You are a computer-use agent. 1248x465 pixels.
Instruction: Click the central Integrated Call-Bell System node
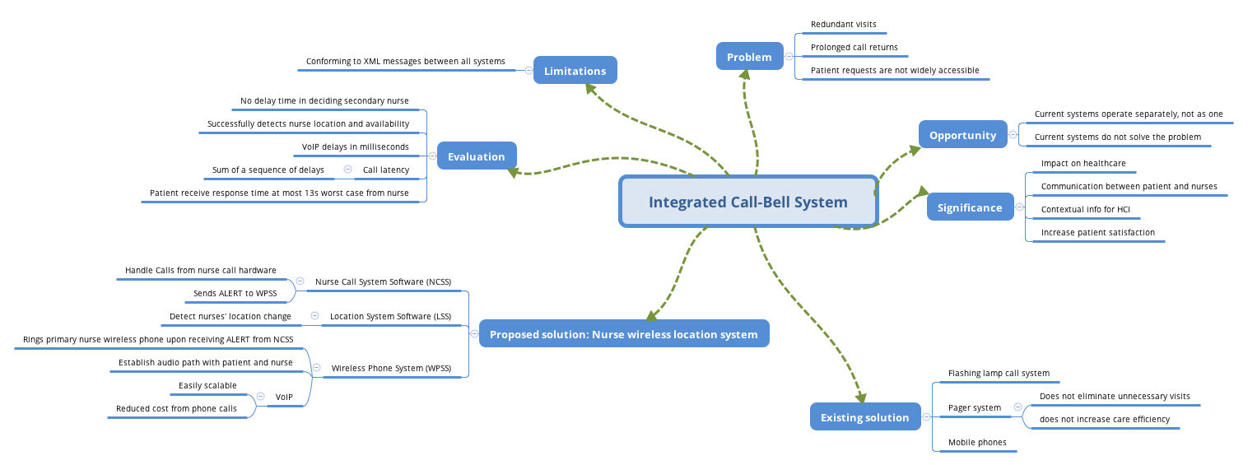[747, 202]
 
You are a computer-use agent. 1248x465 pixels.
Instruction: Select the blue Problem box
[749, 57]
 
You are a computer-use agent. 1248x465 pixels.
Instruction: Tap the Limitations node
[575, 71]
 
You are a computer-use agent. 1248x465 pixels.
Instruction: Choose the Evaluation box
[476, 156]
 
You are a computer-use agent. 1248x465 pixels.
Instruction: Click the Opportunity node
[962, 135]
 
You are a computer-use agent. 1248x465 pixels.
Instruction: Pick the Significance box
[970, 207]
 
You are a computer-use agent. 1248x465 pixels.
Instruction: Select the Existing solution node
[864, 417]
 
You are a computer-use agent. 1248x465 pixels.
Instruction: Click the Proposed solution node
[623, 334]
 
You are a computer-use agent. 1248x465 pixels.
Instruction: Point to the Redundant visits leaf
[843, 25]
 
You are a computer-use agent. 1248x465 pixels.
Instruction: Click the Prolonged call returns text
[854, 48]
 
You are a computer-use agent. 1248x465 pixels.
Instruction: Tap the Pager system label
[975, 407]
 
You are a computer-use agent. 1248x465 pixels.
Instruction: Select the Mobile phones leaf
[977, 443]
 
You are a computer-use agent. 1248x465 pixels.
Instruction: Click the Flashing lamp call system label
[999, 373]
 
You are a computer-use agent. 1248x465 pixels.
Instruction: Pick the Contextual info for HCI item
[1085, 209]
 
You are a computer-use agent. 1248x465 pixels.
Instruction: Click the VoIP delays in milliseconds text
[355, 146]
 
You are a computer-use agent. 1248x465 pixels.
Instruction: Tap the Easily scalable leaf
[207, 385]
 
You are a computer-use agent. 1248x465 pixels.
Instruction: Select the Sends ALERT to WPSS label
[235, 293]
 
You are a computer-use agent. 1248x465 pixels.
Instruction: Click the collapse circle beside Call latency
[347, 170]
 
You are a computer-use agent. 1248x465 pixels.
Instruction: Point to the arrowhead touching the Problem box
[744, 75]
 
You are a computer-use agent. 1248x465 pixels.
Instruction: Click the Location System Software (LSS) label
[390, 316]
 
